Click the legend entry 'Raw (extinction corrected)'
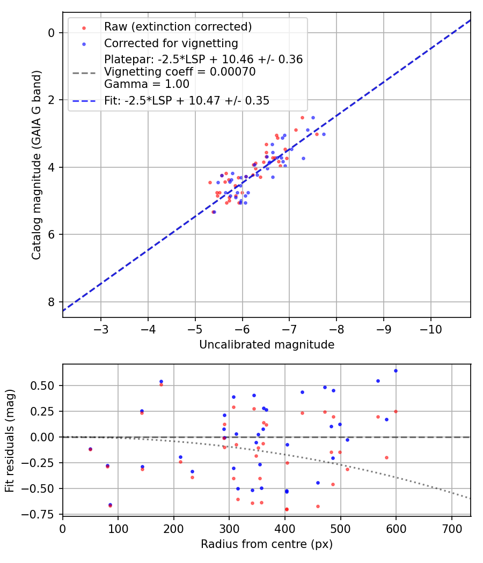[178, 27]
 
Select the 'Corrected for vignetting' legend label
[171, 43]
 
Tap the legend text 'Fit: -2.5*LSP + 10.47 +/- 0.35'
[187, 100]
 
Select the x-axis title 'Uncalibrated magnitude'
[267, 345]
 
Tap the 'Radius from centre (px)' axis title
[267, 544]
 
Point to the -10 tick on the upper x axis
[431, 328]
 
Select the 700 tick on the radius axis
[451, 527]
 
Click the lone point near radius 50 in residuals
[90, 449]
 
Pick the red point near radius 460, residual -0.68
[318, 506]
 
